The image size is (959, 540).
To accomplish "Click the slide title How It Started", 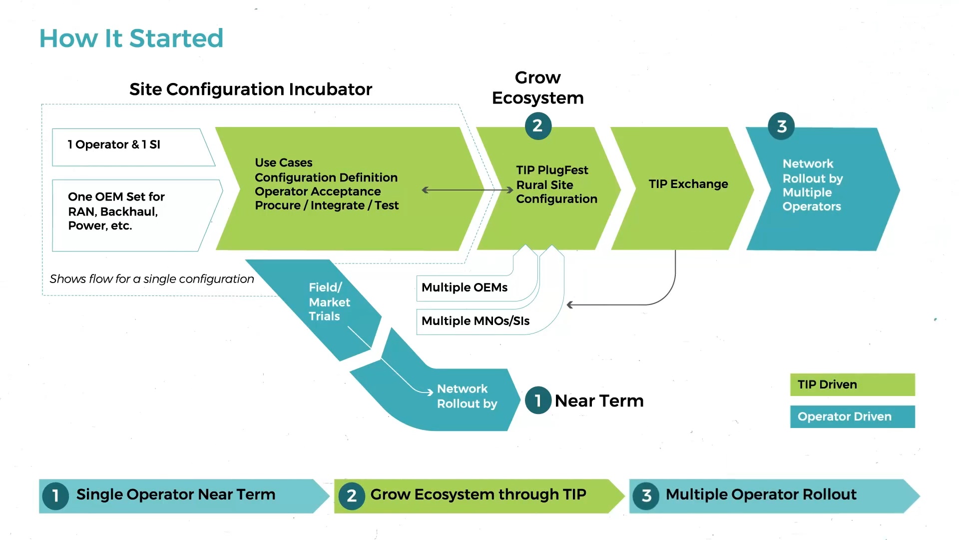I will [131, 38].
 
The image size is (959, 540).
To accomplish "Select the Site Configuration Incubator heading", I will [250, 89].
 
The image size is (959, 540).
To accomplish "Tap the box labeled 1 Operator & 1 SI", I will [114, 145].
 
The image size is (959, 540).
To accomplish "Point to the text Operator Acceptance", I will [318, 191].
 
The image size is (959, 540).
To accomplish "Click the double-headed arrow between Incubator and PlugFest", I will [467, 190].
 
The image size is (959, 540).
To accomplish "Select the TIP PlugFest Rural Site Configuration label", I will [556, 184].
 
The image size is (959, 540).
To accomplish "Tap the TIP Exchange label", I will [688, 184].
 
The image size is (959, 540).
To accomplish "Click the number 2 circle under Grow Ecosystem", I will [538, 126].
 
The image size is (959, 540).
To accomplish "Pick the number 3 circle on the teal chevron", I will [781, 126].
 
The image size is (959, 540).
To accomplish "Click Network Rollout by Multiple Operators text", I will [812, 185].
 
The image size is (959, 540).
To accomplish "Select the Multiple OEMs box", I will [464, 287].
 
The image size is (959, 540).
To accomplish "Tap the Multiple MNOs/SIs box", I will [475, 321].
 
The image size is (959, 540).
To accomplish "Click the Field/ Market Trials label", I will [329, 302].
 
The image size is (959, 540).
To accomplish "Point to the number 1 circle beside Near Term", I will [538, 400].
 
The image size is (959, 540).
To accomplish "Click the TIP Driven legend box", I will [852, 384].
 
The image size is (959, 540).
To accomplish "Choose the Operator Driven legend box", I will [852, 416].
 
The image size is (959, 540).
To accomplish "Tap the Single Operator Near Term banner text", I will [175, 494].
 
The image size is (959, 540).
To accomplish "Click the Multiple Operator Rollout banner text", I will [761, 494].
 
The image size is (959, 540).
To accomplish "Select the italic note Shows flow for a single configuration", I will [152, 279].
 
